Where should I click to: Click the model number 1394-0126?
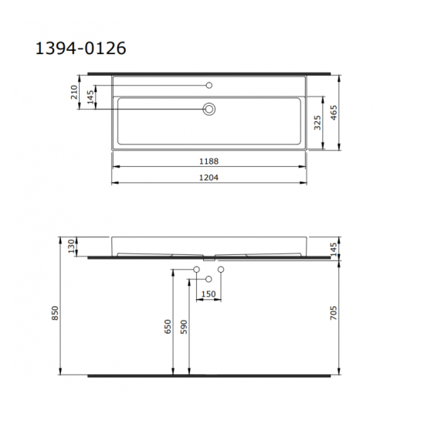coord(81,48)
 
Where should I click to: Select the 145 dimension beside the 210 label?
coord(90,97)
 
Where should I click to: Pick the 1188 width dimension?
coord(208,161)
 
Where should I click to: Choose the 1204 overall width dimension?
coord(208,177)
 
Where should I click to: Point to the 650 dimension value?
coord(168,328)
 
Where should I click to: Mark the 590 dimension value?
coord(183,328)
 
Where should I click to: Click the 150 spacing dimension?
coord(209,294)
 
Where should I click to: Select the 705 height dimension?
coord(333,313)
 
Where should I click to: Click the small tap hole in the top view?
coord(209,84)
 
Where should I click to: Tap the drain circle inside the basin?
coord(209,110)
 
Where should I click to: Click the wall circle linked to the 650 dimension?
coord(196,269)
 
